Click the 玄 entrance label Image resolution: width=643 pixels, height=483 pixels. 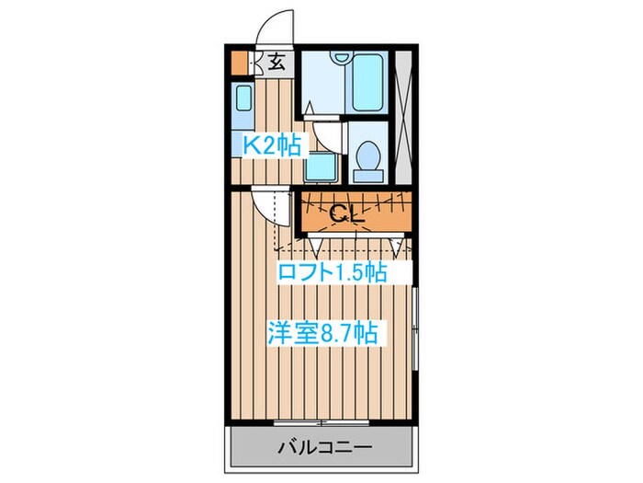277,63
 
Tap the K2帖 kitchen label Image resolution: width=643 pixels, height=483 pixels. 271,145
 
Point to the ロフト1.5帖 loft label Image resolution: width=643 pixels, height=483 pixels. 332,272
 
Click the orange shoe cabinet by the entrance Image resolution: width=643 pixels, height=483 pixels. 239,63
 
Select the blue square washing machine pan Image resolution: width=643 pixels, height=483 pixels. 321,166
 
